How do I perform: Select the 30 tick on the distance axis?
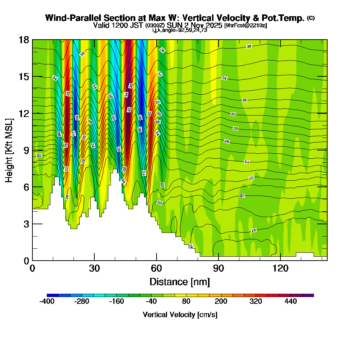pyautogui.click(x=94, y=268)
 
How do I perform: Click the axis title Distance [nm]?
pyautogui.click(x=180, y=282)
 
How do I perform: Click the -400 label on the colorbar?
pyautogui.click(x=47, y=301)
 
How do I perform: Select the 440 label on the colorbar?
pyautogui.click(x=291, y=301)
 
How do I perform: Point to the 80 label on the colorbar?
pyautogui.click(x=186, y=301)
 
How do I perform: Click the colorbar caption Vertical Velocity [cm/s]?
pyautogui.click(x=180, y=315)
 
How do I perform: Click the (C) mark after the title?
pyautogui.click(x=311, y=18)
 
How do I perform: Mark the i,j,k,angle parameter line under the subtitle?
pyautogui.click(x=180, y=30)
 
